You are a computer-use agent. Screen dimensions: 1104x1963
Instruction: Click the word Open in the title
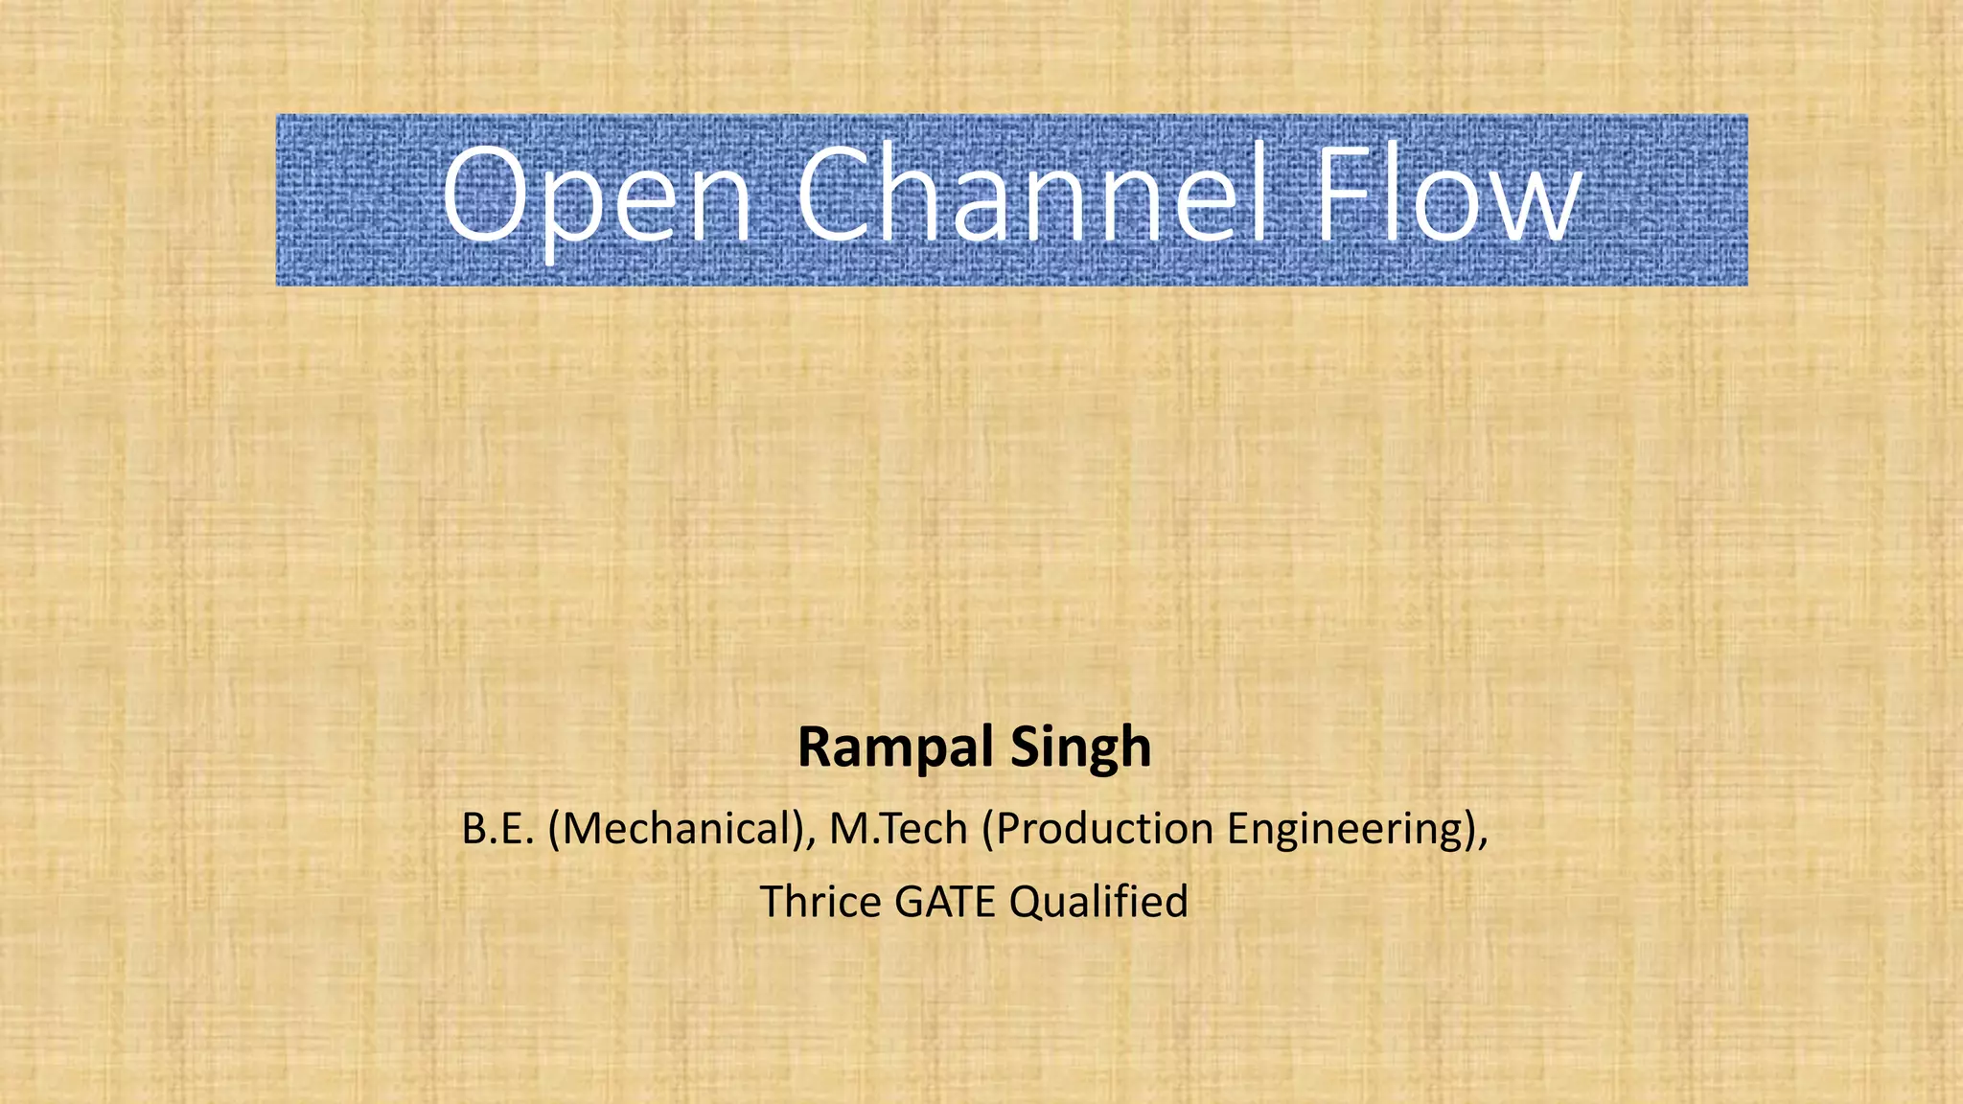(596, 196)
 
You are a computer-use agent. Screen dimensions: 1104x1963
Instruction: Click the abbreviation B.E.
(497, 829)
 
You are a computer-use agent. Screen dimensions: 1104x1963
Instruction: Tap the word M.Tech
(898, 829)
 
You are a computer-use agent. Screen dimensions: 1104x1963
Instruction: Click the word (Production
(1097, 829)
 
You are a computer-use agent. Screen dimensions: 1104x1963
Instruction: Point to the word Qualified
(1098, 902)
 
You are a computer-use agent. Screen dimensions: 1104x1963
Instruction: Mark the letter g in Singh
(1098, 753)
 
